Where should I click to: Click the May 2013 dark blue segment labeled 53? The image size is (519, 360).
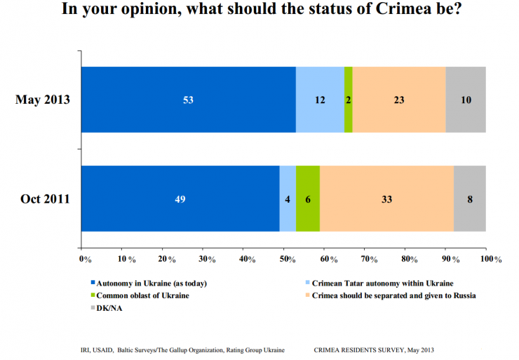[x=188, y=100]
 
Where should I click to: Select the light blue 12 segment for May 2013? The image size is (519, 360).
[x=320, y=100]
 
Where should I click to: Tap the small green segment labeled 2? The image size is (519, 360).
[x=349, y=100]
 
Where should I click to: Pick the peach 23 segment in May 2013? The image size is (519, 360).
[x=398, y=100]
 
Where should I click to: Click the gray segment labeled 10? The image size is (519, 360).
[x=466, y=100]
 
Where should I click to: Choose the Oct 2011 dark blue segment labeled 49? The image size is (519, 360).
[x=180, y=199]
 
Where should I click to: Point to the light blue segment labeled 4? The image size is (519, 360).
[x=288, y=199]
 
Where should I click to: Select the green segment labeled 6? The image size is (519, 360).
[x=308, y=199]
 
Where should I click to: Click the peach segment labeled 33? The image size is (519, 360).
[x=386, y=199]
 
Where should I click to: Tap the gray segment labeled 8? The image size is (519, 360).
[x=470, y=199]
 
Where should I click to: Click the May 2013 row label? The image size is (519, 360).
[x=43, y=100]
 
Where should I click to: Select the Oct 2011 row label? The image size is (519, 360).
[x=44, y=199]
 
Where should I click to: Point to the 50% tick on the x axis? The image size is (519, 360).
[x=288, y=259]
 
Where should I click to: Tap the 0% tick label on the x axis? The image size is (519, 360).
[x=86, y=259]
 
